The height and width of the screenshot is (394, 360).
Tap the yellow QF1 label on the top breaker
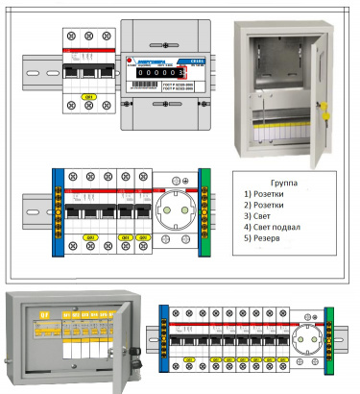tap(90, 97)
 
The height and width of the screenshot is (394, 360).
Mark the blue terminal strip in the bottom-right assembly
tap(163, 338)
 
